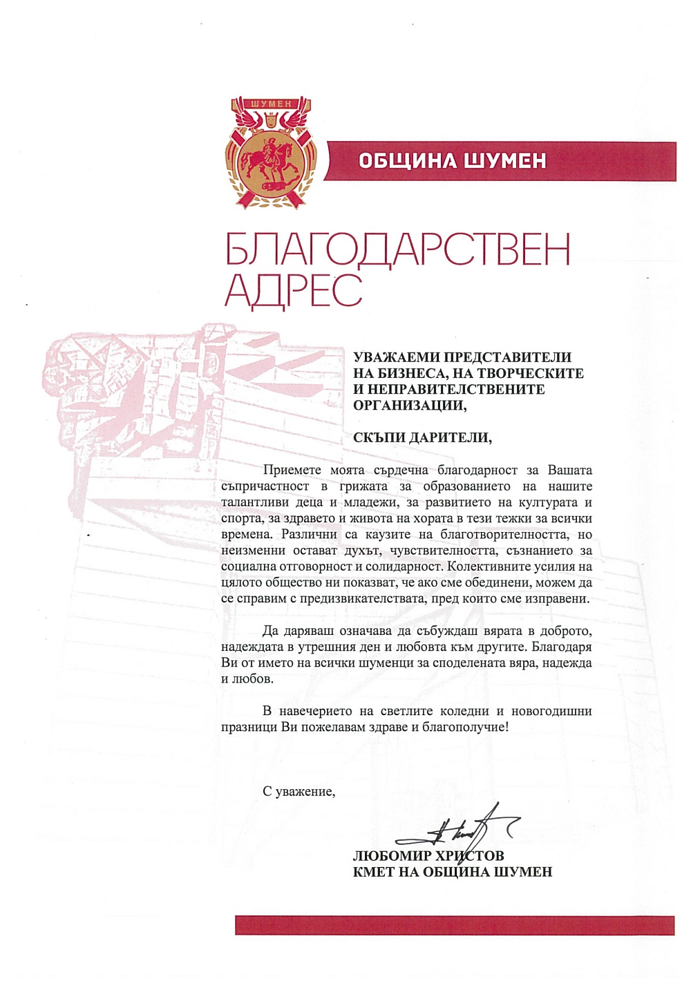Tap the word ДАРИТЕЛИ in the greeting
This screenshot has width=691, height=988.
click(x=449, y=438)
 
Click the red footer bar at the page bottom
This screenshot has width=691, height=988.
click(x=455, y=925)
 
